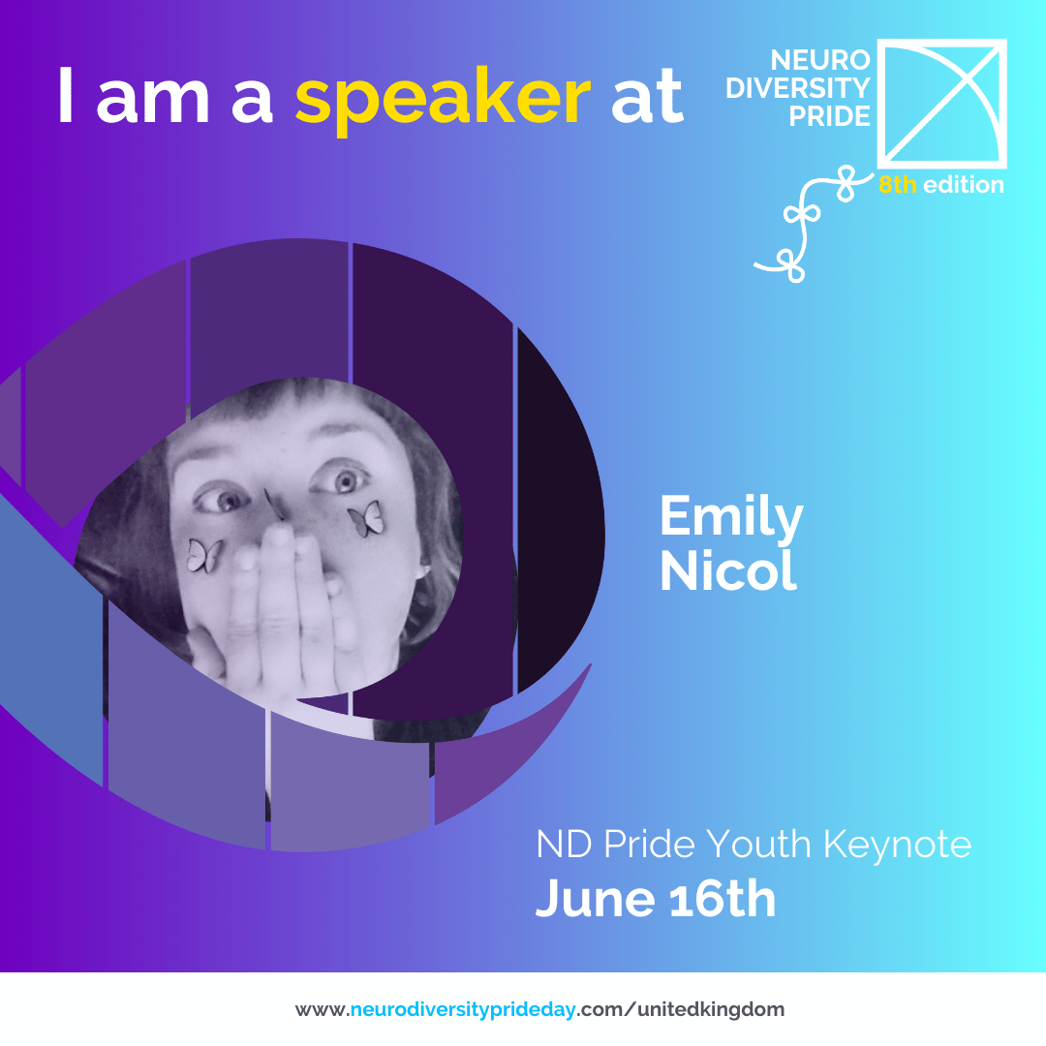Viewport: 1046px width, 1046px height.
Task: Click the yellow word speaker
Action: point(443,98)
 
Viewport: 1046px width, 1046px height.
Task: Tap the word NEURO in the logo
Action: point(820,60)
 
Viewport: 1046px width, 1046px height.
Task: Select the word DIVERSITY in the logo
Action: point(798,88)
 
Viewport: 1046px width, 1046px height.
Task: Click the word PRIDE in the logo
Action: point(829,116)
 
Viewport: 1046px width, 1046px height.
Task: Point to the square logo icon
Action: point(941,104)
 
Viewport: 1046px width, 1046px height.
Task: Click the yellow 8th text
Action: point(897,184)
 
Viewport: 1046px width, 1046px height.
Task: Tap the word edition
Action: point(964,184)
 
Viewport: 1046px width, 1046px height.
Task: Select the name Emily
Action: point(731,517)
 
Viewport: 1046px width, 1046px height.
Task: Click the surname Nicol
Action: point(727,571)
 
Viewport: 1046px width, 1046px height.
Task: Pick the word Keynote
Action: point(897,846)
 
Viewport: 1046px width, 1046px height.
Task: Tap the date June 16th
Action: point(655,899)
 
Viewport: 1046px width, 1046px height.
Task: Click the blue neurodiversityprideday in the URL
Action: point(462,1010)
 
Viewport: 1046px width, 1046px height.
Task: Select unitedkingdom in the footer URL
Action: point(711,1009)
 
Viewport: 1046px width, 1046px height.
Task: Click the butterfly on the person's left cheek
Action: point(366,519)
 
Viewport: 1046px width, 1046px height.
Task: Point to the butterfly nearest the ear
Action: point(366,519)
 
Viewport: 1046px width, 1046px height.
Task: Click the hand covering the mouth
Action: point(280,614)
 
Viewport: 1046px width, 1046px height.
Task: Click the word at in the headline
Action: point(647,98)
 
